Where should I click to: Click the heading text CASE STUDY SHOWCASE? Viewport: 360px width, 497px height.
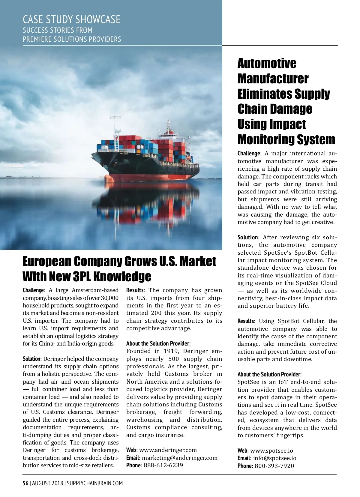71,19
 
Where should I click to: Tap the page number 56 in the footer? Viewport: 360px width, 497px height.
25,483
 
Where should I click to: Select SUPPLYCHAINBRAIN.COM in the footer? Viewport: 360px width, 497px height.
95,483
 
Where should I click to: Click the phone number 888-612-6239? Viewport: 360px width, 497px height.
163,466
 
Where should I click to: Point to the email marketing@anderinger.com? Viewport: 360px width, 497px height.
179,458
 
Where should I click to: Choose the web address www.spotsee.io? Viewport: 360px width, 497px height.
271,451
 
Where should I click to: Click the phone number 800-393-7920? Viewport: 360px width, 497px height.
274,466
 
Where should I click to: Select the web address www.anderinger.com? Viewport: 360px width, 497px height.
168,450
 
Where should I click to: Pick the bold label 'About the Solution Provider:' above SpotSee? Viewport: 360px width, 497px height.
269,374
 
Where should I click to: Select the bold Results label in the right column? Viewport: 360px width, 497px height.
246,321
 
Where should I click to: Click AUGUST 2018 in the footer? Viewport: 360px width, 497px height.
47,483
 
